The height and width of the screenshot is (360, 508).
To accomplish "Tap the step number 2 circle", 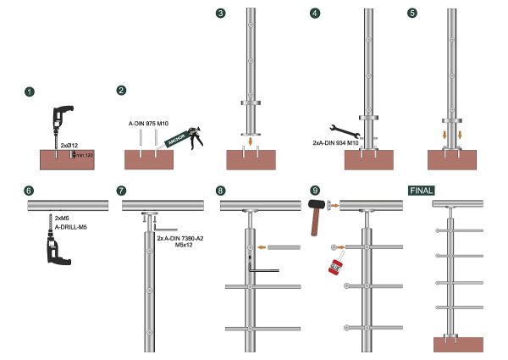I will click(x=122, y=91).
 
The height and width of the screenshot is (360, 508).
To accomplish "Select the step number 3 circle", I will click(x=221, y=14).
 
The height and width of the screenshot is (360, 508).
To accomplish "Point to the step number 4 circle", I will click(x=316, y=14).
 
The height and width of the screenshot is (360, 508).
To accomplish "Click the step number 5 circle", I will click(x=411, y=14).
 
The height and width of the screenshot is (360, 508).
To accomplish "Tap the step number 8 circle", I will click(x=221, y=191).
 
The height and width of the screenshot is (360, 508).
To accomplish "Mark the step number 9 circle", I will click(x=316, y=191).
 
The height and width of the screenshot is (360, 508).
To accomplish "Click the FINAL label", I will click(x=422, y=191).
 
